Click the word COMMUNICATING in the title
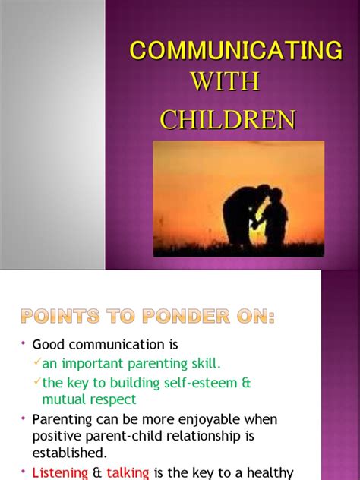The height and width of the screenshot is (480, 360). [x=235, y=51]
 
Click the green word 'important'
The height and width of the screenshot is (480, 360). [x=94, y=364]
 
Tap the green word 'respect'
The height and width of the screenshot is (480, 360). [x=112, y=399]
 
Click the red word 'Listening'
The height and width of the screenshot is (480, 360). [x=59, y=472]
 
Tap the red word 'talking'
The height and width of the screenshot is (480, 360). [x=128, y=472]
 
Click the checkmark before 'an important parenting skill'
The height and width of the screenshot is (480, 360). [x=36, y=362]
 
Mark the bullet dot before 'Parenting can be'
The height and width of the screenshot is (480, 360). [x=24, y=418]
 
